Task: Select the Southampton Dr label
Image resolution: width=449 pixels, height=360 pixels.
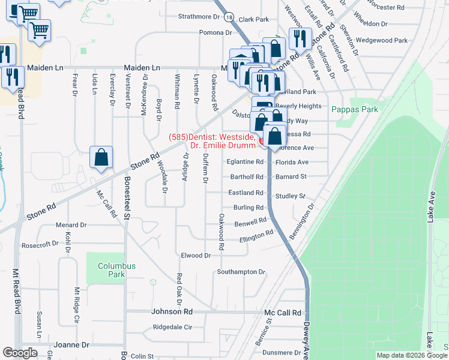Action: [241, 272]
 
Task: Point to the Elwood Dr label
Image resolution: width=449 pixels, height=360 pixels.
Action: [196, 256]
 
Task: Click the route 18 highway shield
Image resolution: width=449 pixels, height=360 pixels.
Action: [230, 19]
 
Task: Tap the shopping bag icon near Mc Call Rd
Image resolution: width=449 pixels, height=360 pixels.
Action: [101, 158]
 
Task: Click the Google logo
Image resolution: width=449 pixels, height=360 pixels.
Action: [21, 353]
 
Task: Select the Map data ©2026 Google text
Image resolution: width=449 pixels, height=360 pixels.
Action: [411, 355]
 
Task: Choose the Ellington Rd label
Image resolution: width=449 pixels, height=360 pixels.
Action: [256, 235]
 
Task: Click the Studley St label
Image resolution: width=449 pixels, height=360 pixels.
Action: [291, 196]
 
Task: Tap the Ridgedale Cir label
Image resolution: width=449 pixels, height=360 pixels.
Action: [172, 328]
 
